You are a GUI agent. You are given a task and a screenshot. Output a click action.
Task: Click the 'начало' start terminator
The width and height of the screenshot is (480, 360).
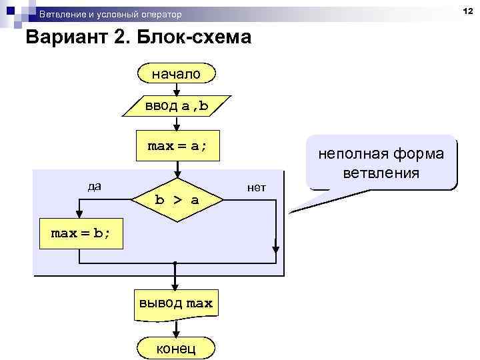pyautogui.click(x=175, y=73)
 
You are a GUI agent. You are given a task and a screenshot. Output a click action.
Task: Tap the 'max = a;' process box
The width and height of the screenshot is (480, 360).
pyautogui.click(x=176, y=146)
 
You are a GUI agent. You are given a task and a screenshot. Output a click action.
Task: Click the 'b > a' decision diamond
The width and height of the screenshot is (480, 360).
pyautogui.click(x=176, y=199)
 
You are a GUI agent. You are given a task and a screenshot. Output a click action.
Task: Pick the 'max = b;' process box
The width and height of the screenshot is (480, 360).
pyautogui.click(x=81, y=233)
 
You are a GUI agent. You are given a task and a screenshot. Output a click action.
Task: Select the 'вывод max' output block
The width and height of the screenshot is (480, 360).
pyautogui.click(x=175, y=303)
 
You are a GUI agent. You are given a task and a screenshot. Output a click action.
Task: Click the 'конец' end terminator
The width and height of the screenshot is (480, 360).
pyautogui.click(x=175, y=348)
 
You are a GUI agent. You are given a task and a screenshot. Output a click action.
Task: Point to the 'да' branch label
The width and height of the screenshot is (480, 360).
pyautogui.click(x=95, y=185)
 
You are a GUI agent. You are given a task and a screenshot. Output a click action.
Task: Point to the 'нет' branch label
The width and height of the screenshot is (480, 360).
pyautogui.click(x=256, y=188)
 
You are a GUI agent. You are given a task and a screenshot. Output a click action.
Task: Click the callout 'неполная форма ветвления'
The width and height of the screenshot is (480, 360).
pyautogui.click(x=381, y=163)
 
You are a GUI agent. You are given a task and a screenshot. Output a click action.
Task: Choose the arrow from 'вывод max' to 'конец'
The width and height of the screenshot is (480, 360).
pyautogui.click(x=175, y=329)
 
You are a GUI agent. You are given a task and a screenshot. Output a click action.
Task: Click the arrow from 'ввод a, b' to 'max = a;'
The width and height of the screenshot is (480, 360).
pyautogui.click(x=175, y=123)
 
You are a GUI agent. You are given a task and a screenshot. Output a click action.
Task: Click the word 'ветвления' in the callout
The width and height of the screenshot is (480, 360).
pyautogui.click(x=381, y=173)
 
